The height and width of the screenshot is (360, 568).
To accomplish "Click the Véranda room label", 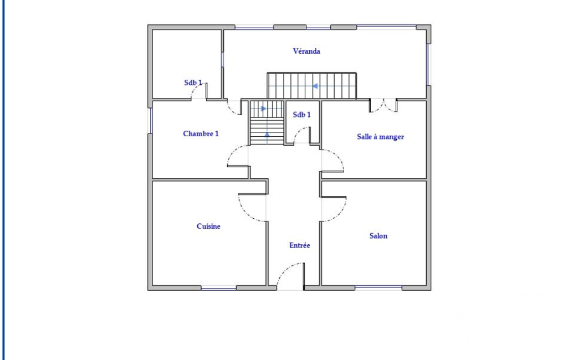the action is point(306,51).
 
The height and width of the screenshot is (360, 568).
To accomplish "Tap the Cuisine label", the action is point(208,227).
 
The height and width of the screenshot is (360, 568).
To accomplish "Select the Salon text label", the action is point(378,236).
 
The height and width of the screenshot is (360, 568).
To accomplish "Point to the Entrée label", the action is point(300,245).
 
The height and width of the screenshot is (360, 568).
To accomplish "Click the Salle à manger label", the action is point(380,137).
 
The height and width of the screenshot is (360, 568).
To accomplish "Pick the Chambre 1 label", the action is point(201,133).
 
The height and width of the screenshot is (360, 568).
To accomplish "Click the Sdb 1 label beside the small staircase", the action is point(302,115).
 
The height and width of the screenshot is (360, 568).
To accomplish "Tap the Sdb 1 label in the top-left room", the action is point(193,83).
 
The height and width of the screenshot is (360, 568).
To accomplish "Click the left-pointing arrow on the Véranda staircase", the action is point(315,86).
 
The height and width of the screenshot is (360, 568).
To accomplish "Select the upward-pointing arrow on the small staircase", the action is point(267,135).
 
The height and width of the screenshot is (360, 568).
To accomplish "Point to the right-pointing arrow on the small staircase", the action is point(264,109).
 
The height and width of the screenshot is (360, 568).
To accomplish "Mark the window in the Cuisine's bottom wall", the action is point(219,289).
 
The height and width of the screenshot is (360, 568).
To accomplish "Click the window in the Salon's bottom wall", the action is point(378,287).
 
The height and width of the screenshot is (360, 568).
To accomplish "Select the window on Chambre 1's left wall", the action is point(151,120).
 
